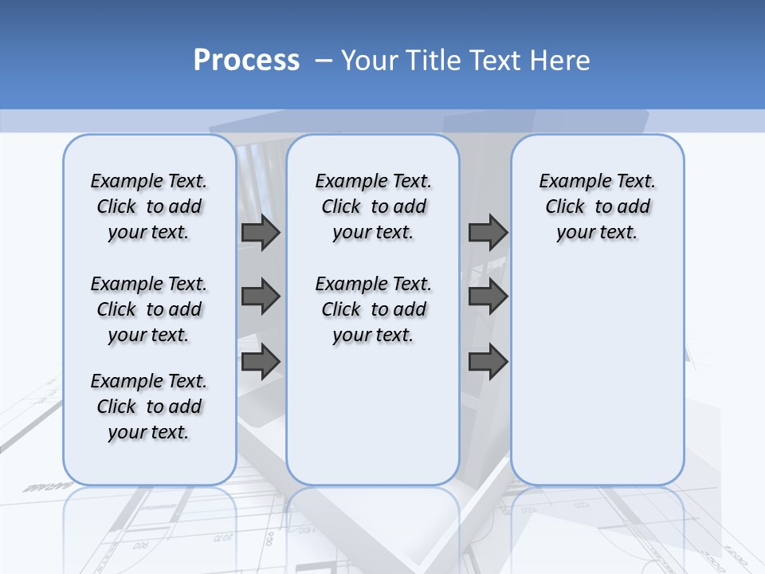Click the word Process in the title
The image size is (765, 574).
(246, 60)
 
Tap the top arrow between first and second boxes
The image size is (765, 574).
(261, 233)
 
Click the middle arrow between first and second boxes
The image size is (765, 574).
(261, 297)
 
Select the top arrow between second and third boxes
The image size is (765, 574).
(488, 233)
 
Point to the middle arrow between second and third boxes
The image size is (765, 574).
(488, 297)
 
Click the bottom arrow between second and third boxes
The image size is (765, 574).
(488, 363)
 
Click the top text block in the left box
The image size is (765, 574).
(149, 206)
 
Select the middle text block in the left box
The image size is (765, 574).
(149, 309)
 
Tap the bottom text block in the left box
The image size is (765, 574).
(149, 407)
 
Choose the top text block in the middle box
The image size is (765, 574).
(373, 206)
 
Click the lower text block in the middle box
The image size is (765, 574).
(373, 309)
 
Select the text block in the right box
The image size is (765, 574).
(598, 206)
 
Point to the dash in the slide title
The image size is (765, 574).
(324, 61)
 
